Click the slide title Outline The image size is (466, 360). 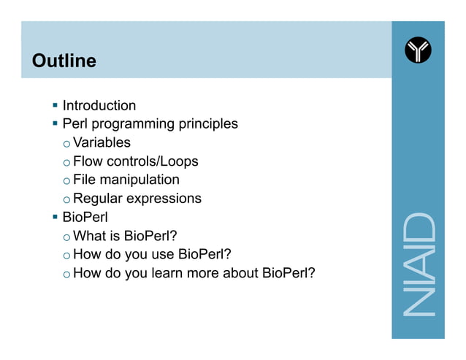click(x=64, y=61)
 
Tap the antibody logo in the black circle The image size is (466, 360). click(x=418, y=50)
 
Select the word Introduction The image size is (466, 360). click(x=99, y=106)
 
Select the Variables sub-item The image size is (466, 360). click(x=102, y=142)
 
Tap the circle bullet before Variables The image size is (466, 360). click(x=66, y=144)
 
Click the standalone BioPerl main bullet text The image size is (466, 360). click(x=85, y=217)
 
